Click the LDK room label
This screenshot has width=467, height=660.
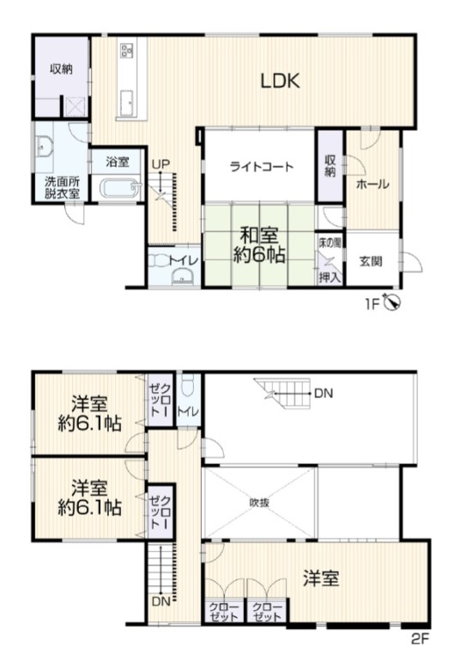pos(281,81)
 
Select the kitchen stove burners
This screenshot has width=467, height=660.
pos(127,51)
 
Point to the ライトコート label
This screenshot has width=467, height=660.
pos(261,167)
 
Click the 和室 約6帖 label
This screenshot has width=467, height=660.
pos(259,245)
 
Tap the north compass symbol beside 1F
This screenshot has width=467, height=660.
pos(393,303)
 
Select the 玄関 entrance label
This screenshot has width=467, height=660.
pos(371,261)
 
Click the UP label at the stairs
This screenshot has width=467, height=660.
pos(161,165)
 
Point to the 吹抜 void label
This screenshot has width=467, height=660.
pos(259,503)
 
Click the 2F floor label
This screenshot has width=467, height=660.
pos(420,639)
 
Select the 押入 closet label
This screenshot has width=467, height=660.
pos(330,278)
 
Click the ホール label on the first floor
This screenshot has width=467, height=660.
pos(373,184)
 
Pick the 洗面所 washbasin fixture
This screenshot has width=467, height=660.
pos(44,146)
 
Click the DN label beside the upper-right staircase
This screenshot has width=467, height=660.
pos(324,394)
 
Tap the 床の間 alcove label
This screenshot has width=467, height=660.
pos(329,243)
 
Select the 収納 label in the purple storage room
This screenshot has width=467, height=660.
pos(61,69)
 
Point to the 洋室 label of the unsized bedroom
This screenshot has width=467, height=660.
pos(321,578)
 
